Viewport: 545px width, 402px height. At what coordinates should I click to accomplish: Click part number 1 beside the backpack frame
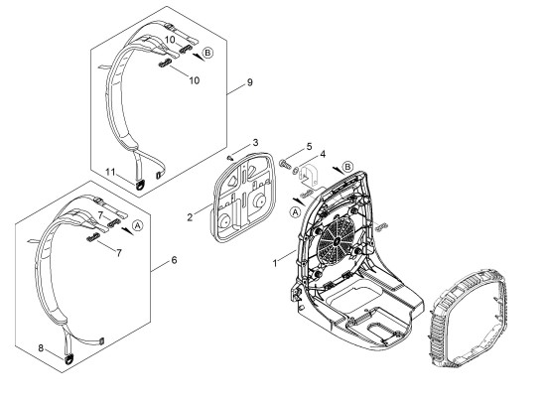click(x=275, y=263)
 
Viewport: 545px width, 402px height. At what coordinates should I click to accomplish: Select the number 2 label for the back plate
click(x=190, y=217)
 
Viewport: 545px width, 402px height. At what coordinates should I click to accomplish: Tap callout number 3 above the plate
click(x=255, y=143)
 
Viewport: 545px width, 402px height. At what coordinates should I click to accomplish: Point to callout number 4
click(x=323, y=154)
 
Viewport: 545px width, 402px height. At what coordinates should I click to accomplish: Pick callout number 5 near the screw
click(x=309, y=146)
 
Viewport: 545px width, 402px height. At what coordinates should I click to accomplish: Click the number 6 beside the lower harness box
click(x=174, y=260)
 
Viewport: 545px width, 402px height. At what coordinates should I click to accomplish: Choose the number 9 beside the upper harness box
click(x=249, y=82)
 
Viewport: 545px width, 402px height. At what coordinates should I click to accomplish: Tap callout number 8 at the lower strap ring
click(x=41, y=347)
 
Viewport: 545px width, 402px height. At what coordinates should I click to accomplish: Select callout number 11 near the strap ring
click(x=110, y=172)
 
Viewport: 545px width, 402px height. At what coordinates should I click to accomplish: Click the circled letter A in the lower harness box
click(x=138, y=225)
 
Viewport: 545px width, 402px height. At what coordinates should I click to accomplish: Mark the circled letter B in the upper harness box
click(x=207, y=53)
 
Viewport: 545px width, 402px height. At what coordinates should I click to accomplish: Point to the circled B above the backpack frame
click(x=347, y=167)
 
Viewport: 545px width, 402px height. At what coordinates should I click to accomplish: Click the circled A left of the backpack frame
click(x=295, y=212)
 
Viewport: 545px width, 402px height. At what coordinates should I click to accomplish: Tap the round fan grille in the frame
click(x=337, y=240)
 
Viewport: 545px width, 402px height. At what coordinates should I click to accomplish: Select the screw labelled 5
click(x=284, y=164)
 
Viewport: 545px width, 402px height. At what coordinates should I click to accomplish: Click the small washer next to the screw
click(x=295, y=170)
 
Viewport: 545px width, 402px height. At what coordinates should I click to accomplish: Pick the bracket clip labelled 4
click(x=309, y=177)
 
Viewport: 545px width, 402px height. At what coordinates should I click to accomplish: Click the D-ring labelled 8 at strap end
click(x=68, y=359)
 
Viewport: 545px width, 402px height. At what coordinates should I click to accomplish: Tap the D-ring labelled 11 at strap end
click(x=140, y=184)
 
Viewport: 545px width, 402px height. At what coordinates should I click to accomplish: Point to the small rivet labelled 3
click(x=229, y=158)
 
